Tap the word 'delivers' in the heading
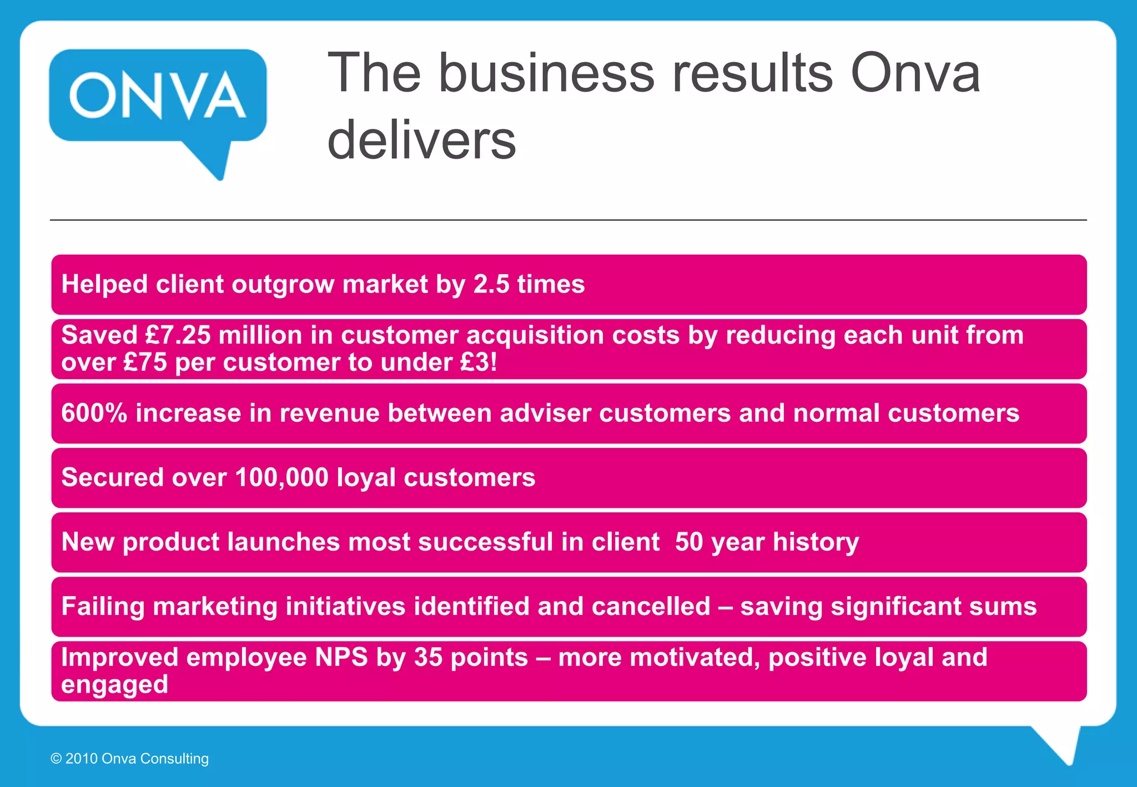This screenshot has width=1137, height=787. (x=422, y=140)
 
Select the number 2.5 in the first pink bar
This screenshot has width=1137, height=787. (x=491, y=284)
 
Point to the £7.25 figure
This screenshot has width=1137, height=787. (x=178, y=335)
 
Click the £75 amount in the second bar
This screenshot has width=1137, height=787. (x=145, y=362)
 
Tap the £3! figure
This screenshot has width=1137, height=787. (x=479, y=362)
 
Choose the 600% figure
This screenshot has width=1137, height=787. (x=94, y=413)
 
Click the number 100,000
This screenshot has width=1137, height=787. (x=282, y=477)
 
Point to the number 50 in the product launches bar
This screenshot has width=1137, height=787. (x=689, y=542)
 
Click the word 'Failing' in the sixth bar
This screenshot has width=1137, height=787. (x=103, y=606)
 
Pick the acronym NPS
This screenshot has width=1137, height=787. (x=341, y=657)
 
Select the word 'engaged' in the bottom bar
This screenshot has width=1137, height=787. (x=114, y=685)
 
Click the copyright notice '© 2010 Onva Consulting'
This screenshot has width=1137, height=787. (x=130, y=759)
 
